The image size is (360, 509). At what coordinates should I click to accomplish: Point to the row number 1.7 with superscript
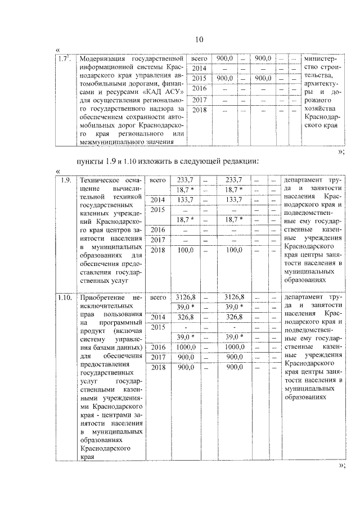[x=65, y=58]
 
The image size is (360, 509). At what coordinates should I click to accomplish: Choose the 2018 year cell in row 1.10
[x=159, y=367]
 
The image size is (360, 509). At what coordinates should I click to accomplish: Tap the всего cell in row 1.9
[x=159, y=180]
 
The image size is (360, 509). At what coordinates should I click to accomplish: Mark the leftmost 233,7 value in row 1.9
[x=186, y=180]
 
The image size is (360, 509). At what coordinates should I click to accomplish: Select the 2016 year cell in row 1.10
[x=159, y=347]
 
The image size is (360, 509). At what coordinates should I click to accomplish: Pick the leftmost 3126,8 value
[x=186, y=296]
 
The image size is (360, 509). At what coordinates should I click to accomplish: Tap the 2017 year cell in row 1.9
[x=159, y=240]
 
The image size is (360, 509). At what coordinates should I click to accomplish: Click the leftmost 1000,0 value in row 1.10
[x=186, y=347]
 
